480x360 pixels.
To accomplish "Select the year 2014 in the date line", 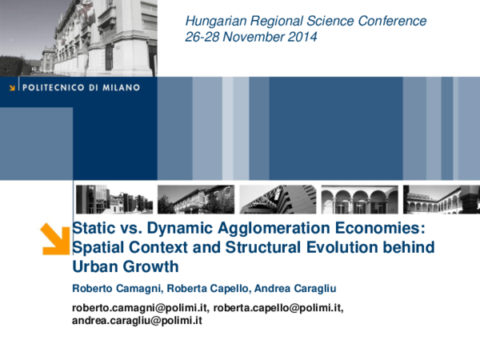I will (x=301, y=37).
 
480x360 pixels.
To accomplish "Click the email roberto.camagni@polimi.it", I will (x=139, y=308).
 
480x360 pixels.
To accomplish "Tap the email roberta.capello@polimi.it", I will (x=278, y=308).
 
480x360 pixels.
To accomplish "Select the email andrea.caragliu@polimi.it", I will (x=135, y=320).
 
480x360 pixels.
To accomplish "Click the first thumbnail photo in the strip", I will (x=113, y=199).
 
